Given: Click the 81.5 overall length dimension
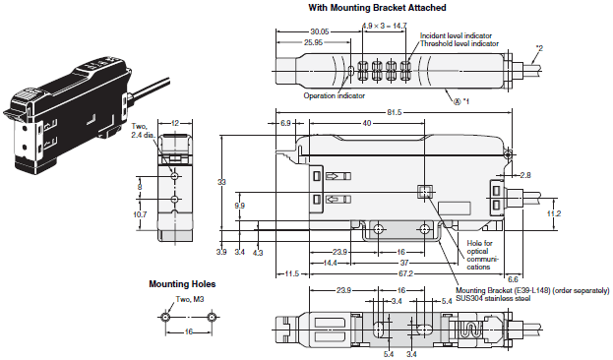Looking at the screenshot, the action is (x=394, y=112).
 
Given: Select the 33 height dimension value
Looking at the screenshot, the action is (x=221, y=182).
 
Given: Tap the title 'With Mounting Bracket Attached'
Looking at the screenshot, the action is (x=377, y=8).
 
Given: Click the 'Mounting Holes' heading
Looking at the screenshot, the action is (x=182, y=284).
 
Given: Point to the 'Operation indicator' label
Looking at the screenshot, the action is (x=334, y=95).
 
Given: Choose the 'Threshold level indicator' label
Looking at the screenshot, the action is (x=459, y=44).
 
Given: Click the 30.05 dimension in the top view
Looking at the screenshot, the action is (x=320, y=31).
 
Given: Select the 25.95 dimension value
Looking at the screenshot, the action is (x=313, y=42).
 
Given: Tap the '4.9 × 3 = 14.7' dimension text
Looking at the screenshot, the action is (x=384, y=26).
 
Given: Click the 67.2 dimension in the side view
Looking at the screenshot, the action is (x=405, y=273).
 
